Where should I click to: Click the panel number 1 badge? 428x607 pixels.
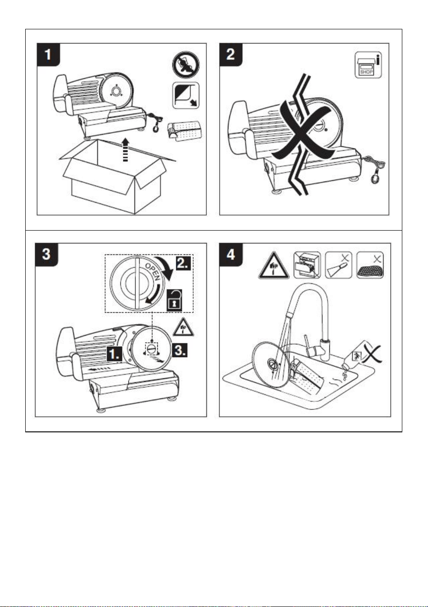[x=48, y=55]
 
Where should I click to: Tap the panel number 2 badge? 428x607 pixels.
[x=231, y=55]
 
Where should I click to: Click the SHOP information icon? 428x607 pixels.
[x=368, y=65]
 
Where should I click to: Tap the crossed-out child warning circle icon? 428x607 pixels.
[x=186, y=65]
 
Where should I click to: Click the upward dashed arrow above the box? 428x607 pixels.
[x=125, y=149]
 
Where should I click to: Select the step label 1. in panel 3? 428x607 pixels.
[x=115, y=353]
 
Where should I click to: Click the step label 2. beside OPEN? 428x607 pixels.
[x=183, y=263]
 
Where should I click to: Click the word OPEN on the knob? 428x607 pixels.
[x=152, y=271]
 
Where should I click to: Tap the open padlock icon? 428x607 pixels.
[x=174, y=300]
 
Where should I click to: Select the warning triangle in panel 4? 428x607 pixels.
[x=273, y=266]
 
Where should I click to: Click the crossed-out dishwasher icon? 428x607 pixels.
[x=307, y=265]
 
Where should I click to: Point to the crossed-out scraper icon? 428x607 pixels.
[x=339, y=265]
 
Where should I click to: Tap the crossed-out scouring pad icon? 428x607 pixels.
[x=370, y=265]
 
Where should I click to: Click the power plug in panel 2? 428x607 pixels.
[x=375, y=178]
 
